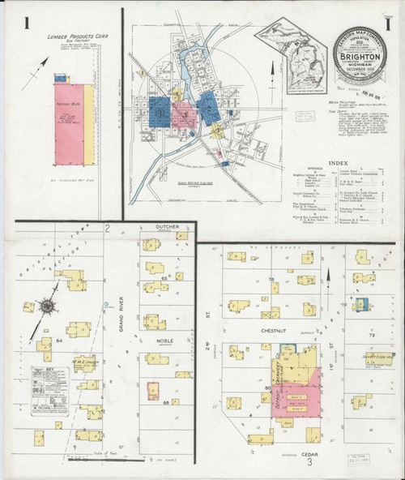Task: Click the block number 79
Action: pyautogui.click(x=373, y=334)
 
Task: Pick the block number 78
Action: pyautogui.click(x=272, y=279)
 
